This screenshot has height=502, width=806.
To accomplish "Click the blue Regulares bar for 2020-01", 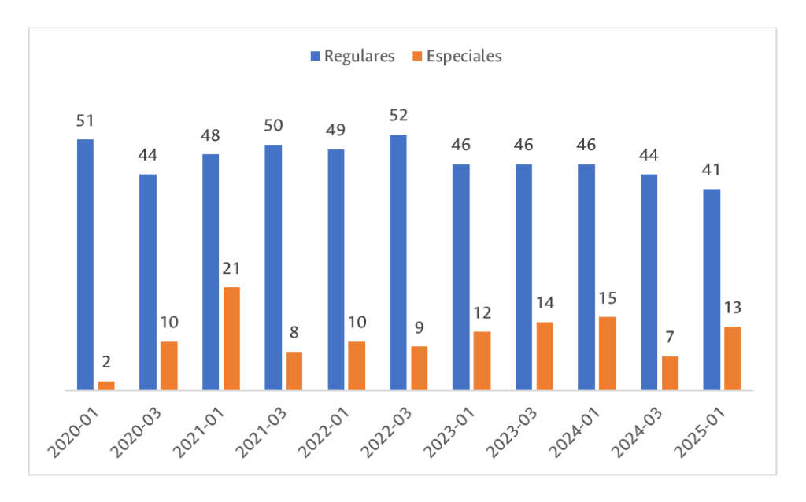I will [x=85, y=264].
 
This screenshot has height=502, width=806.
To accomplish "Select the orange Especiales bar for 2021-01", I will [x=231, y=338].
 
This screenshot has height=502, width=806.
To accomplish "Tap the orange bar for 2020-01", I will [x=106, y=386].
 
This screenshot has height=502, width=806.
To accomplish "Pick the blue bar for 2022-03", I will [x=398, y=262].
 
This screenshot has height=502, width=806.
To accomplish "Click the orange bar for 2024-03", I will [x=671, y=373].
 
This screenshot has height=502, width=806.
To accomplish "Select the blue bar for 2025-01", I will [x=712, y=290].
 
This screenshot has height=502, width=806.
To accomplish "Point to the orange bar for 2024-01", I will [x=608, y=353].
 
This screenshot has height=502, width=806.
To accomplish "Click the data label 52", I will [x=398, y=116].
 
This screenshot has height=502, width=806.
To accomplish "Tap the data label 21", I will [x=231, y=268].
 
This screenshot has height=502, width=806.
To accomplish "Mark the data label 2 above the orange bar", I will [x=106, y=363].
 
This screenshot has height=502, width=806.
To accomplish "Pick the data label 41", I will [x=712, y=170].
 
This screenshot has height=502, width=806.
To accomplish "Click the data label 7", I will [x=671, y=338].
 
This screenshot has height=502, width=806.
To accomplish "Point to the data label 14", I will [x=545, y=303].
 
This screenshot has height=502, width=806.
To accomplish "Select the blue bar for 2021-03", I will [x=273, y=268].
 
